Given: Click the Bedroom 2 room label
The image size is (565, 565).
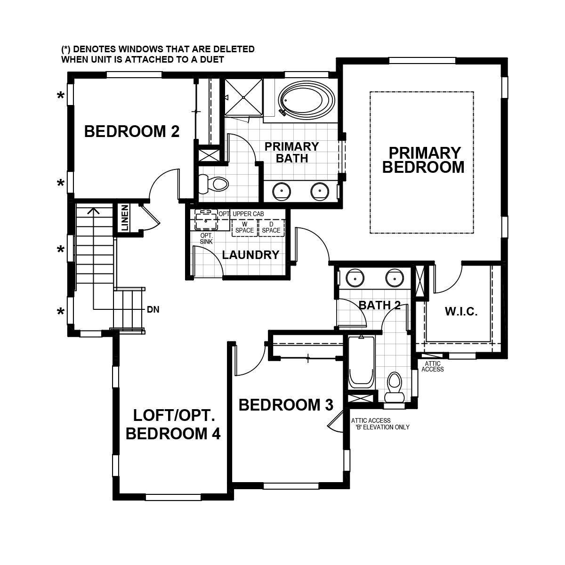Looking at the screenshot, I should point(132,131).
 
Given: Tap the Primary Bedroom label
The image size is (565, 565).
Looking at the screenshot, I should point(423,160).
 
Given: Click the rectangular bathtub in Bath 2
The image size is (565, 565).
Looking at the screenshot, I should point(362,363).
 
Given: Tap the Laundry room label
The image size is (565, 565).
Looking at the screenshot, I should point(250,255).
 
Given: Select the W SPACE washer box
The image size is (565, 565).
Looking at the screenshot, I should point(244,227).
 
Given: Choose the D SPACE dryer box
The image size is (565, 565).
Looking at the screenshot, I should point(271,227).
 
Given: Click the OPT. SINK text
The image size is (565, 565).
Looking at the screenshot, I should point(207,238).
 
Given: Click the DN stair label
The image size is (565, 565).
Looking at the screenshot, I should point(153,309).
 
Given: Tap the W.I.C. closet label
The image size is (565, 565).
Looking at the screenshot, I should point(461,311).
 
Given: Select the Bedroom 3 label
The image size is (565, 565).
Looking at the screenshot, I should point(286,404).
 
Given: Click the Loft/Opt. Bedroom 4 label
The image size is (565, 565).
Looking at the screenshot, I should point(173,424).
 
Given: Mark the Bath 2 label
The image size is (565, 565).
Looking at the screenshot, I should point(379,305).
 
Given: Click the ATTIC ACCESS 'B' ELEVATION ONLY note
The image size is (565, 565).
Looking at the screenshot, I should point(380,424).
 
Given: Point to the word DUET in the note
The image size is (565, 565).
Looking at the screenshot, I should point(208,60).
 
